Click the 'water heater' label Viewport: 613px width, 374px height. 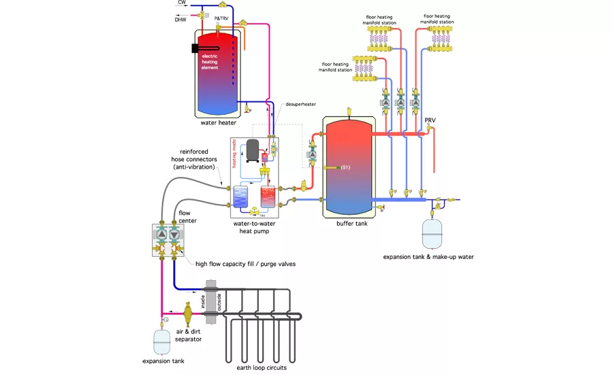click(219, 123)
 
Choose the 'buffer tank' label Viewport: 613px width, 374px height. click(351, 223)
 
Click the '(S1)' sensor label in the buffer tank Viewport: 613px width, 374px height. click(345, 167)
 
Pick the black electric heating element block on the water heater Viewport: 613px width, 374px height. click(195, 49)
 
